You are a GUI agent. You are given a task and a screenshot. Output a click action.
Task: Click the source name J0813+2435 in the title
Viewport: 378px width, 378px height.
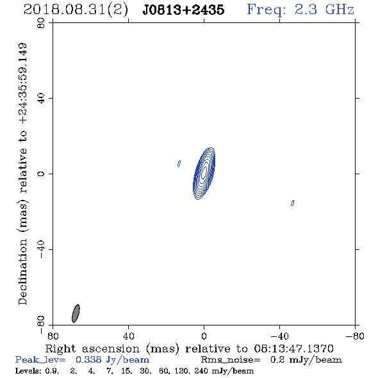point(183,10)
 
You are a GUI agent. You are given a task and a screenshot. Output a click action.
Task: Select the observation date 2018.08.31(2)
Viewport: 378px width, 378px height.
point(76,10)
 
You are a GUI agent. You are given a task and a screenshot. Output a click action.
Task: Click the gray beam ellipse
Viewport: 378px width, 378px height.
point(76,313)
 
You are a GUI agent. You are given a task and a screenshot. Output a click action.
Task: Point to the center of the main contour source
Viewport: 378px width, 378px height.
point(204,174)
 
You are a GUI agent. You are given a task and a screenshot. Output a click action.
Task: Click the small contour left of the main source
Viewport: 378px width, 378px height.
point(179,163)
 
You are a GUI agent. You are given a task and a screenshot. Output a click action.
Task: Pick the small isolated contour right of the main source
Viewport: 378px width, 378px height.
point(292,203)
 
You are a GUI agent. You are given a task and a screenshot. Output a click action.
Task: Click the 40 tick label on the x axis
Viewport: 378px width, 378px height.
point(128,336)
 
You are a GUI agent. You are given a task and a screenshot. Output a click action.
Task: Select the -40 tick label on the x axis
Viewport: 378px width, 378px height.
point(279,336)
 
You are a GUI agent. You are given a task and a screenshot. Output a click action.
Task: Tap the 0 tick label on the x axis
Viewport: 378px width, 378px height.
point(204,336)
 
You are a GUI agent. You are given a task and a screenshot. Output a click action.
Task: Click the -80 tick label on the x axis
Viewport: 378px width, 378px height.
point(355,336)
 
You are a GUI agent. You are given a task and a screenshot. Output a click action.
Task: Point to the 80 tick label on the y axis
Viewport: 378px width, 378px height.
point(41,23)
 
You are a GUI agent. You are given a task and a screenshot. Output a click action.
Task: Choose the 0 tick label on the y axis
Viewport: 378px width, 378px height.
point(41,174)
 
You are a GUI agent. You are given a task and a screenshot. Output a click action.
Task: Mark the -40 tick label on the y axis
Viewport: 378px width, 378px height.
point(41,249)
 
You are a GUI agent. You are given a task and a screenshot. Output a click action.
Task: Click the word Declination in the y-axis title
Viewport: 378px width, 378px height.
point(22,272)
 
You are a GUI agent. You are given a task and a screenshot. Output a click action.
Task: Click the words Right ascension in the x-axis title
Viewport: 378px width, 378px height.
point(92,349)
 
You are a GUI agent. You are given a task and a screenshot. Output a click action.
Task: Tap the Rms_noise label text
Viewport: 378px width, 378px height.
point(231,360)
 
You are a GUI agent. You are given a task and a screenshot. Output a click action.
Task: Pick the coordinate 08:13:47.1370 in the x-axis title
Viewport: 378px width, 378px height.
point(293,349)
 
